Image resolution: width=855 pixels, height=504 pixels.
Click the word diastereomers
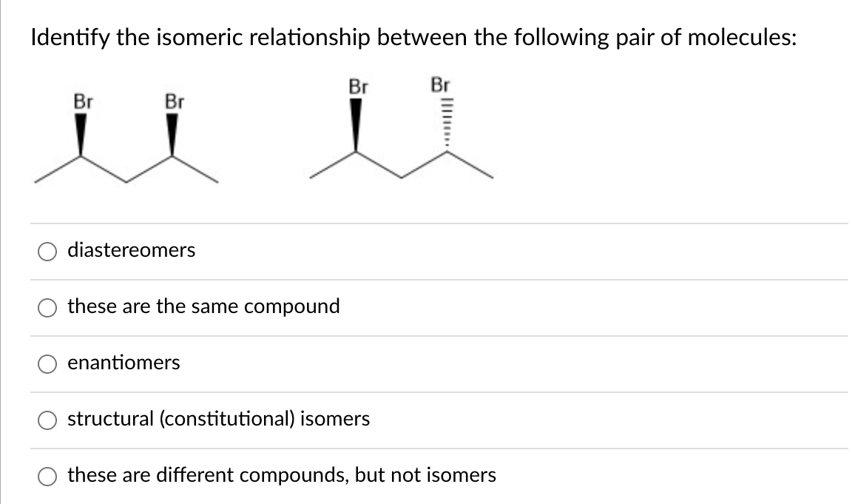click(132, 250)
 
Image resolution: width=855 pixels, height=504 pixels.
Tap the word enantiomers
click(124, 363)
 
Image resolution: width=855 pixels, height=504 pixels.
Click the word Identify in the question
click(68, 38)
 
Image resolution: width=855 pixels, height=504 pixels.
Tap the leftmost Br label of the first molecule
click(82, 101)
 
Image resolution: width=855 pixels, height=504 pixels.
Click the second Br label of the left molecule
click(174, 101)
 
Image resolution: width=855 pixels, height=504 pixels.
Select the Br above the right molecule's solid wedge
click(358, 86)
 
